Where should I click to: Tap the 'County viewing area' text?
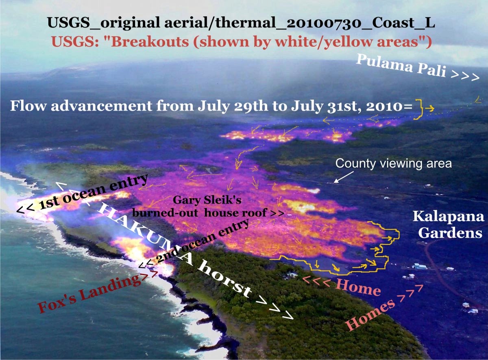click(394, 164)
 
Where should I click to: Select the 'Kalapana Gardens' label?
click(448, 225)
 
